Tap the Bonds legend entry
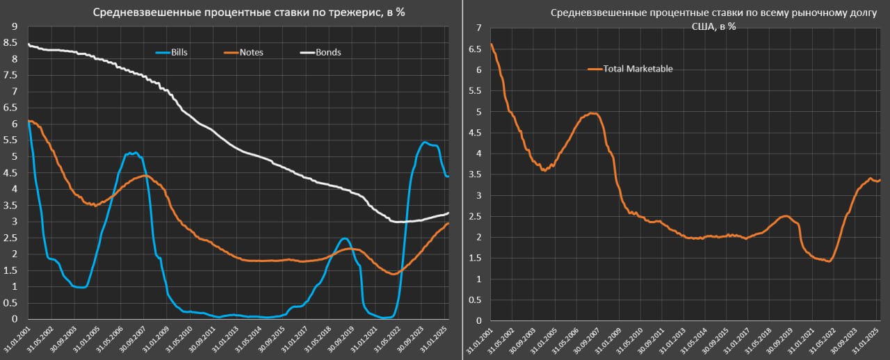click(328, 52)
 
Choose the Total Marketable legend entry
click(638, 69)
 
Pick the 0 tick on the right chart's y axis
click(478, 321)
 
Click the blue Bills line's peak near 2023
click(424, 142)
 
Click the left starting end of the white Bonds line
click(29, 44)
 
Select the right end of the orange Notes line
click(448, 223)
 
